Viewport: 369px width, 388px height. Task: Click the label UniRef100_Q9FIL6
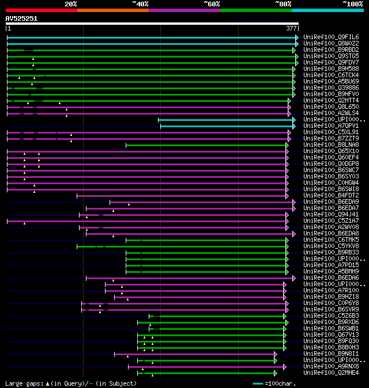(x=331, y=37)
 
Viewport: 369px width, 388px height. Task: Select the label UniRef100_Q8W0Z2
(x=331, y=43)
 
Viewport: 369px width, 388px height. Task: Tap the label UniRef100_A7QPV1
(x=331, y=125)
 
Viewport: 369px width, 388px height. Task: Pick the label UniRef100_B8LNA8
(x=331, y=144)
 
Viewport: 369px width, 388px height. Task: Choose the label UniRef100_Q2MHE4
(x=331, y=372)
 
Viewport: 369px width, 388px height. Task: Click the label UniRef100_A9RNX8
(x=331, y=366)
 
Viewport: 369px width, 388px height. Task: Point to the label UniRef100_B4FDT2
(x=331, y=195)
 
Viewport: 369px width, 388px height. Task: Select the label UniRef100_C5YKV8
(x=331, y=246)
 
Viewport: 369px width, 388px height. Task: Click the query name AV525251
(x=22, y=18)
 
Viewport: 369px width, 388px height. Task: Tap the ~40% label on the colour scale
(x=140, y=4)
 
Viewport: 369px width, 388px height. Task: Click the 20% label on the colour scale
(x=71, y=4)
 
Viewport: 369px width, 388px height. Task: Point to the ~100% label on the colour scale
(x=353, y=4)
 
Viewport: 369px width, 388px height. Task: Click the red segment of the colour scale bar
(x=41, y=10)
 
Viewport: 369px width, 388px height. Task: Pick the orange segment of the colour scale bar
(x=112, y=10)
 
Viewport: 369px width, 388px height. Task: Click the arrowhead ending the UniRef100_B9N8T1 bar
(x=276, y=353)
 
